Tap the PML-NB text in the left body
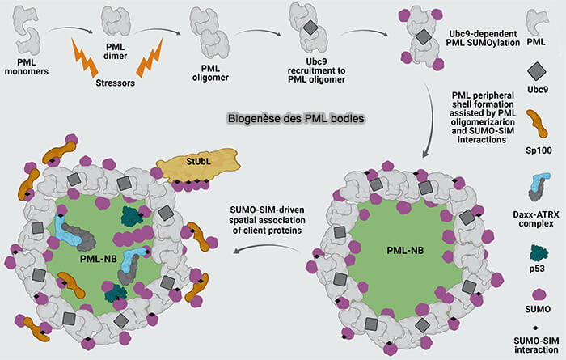(x=98, y=257)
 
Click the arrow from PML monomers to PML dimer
(x=66, y=31)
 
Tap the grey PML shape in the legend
(x=534, y=22)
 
